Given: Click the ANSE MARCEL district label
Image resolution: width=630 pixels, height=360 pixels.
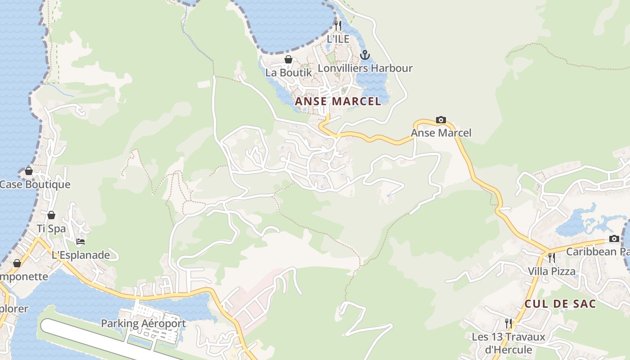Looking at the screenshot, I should pyautogui.click(x=338, y=101).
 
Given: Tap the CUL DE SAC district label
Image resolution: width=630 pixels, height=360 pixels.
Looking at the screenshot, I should pyautogui.click(x=560, y=304).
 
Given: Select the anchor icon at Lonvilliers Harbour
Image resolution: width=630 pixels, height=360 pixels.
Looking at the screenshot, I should pyautogui.click(x=365, y=55).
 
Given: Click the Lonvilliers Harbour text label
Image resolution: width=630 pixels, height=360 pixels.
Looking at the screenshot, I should pyautogui.click(x=365, y=68).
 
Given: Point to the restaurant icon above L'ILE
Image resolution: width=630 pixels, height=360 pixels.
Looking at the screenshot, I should pyautogui.click(x=338, y=25).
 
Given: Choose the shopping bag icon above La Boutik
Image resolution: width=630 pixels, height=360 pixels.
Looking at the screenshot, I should pyautogui.click(x=288, y=59).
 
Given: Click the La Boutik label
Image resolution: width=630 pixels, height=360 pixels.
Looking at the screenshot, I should pyautogui.click(x=288, y=72).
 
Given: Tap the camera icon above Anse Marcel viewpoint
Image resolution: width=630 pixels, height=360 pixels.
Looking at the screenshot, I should pyautogui.click(x=441, y=120).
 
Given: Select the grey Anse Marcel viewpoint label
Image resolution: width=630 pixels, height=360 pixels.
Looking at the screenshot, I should pyautogui.click(x=441, y=133).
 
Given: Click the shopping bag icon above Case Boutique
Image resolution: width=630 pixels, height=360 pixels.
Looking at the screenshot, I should pyautogui.click(x=29, y=171).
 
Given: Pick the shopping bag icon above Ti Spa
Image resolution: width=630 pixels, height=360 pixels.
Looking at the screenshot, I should pyautogui.click(x=51, y=215).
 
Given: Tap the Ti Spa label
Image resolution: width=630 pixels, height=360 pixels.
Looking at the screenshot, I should pyautogui.click(x=51, y=229).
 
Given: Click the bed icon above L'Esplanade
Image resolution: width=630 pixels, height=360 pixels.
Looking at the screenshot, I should pyautogui.click(x=81, y=242).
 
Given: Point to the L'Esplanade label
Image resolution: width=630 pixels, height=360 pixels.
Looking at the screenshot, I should pyautogui.click(x=81, y=255).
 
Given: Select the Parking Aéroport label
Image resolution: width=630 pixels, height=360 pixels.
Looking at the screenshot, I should pyautogui.click(x=143, y=323).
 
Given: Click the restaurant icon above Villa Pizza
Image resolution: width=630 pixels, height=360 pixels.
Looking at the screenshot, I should pyautogui.click(x=551, y=257).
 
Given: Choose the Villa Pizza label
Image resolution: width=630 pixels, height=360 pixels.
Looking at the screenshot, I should pyautogui.click(x=551, y=271).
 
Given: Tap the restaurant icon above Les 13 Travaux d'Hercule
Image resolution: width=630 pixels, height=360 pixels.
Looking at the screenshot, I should pyautogui.click(x=508, y=323).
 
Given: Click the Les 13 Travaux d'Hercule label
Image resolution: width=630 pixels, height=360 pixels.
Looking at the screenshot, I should pyautogui.click(x=508, y=343).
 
